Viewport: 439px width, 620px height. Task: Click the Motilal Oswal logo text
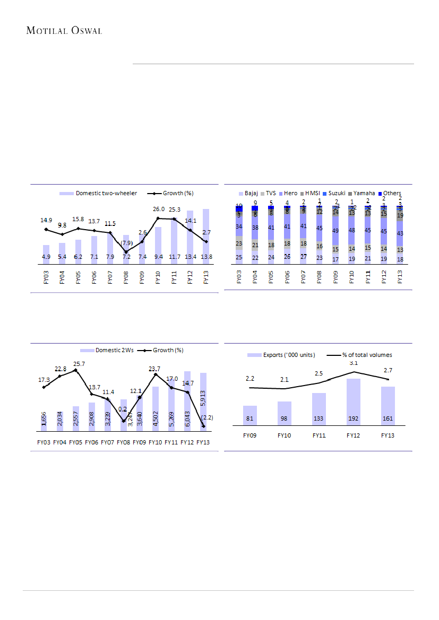64,30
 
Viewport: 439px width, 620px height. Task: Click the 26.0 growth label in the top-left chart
158,209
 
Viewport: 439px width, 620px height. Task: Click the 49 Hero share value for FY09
335,231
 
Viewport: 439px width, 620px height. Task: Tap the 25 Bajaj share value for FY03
239,258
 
